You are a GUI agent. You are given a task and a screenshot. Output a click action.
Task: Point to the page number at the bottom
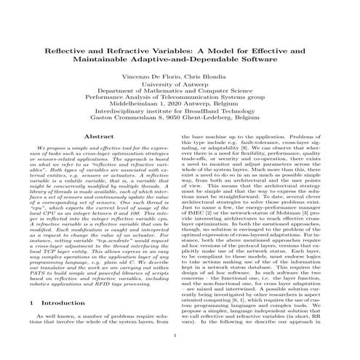click(x=180, y=356)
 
